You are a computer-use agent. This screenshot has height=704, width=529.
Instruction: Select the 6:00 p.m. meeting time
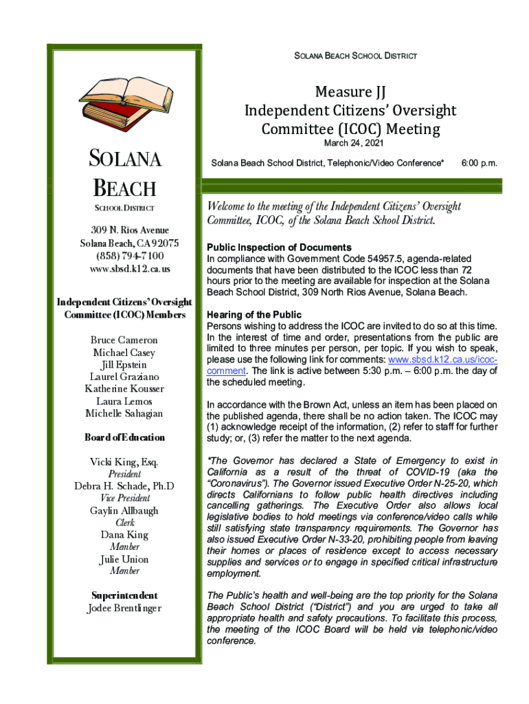[x=479, y=164]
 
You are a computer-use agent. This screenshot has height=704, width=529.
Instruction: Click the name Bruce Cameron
[x=124, y=340]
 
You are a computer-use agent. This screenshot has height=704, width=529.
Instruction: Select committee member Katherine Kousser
[x=124, y=388]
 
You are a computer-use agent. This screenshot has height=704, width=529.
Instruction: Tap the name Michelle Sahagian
[x=124, y=413]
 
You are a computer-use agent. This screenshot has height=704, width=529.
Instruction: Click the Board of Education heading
[x=124, y=437]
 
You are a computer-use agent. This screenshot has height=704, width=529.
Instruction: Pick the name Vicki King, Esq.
[x=124, y=462]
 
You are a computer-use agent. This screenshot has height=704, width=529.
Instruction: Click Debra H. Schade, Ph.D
[x=124, y=486]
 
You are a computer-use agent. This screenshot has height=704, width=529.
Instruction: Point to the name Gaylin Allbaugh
[x=124, y=510]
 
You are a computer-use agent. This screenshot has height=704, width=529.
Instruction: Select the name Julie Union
[x=124, y=559]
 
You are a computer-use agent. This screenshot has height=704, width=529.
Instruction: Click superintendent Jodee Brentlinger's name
[x=124, y=608]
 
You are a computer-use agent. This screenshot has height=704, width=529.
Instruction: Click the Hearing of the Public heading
[x=254, y=315]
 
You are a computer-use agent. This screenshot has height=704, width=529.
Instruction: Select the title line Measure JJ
[x=350, y=92]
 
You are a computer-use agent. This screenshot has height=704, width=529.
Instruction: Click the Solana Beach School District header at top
[x=350, y=55]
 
